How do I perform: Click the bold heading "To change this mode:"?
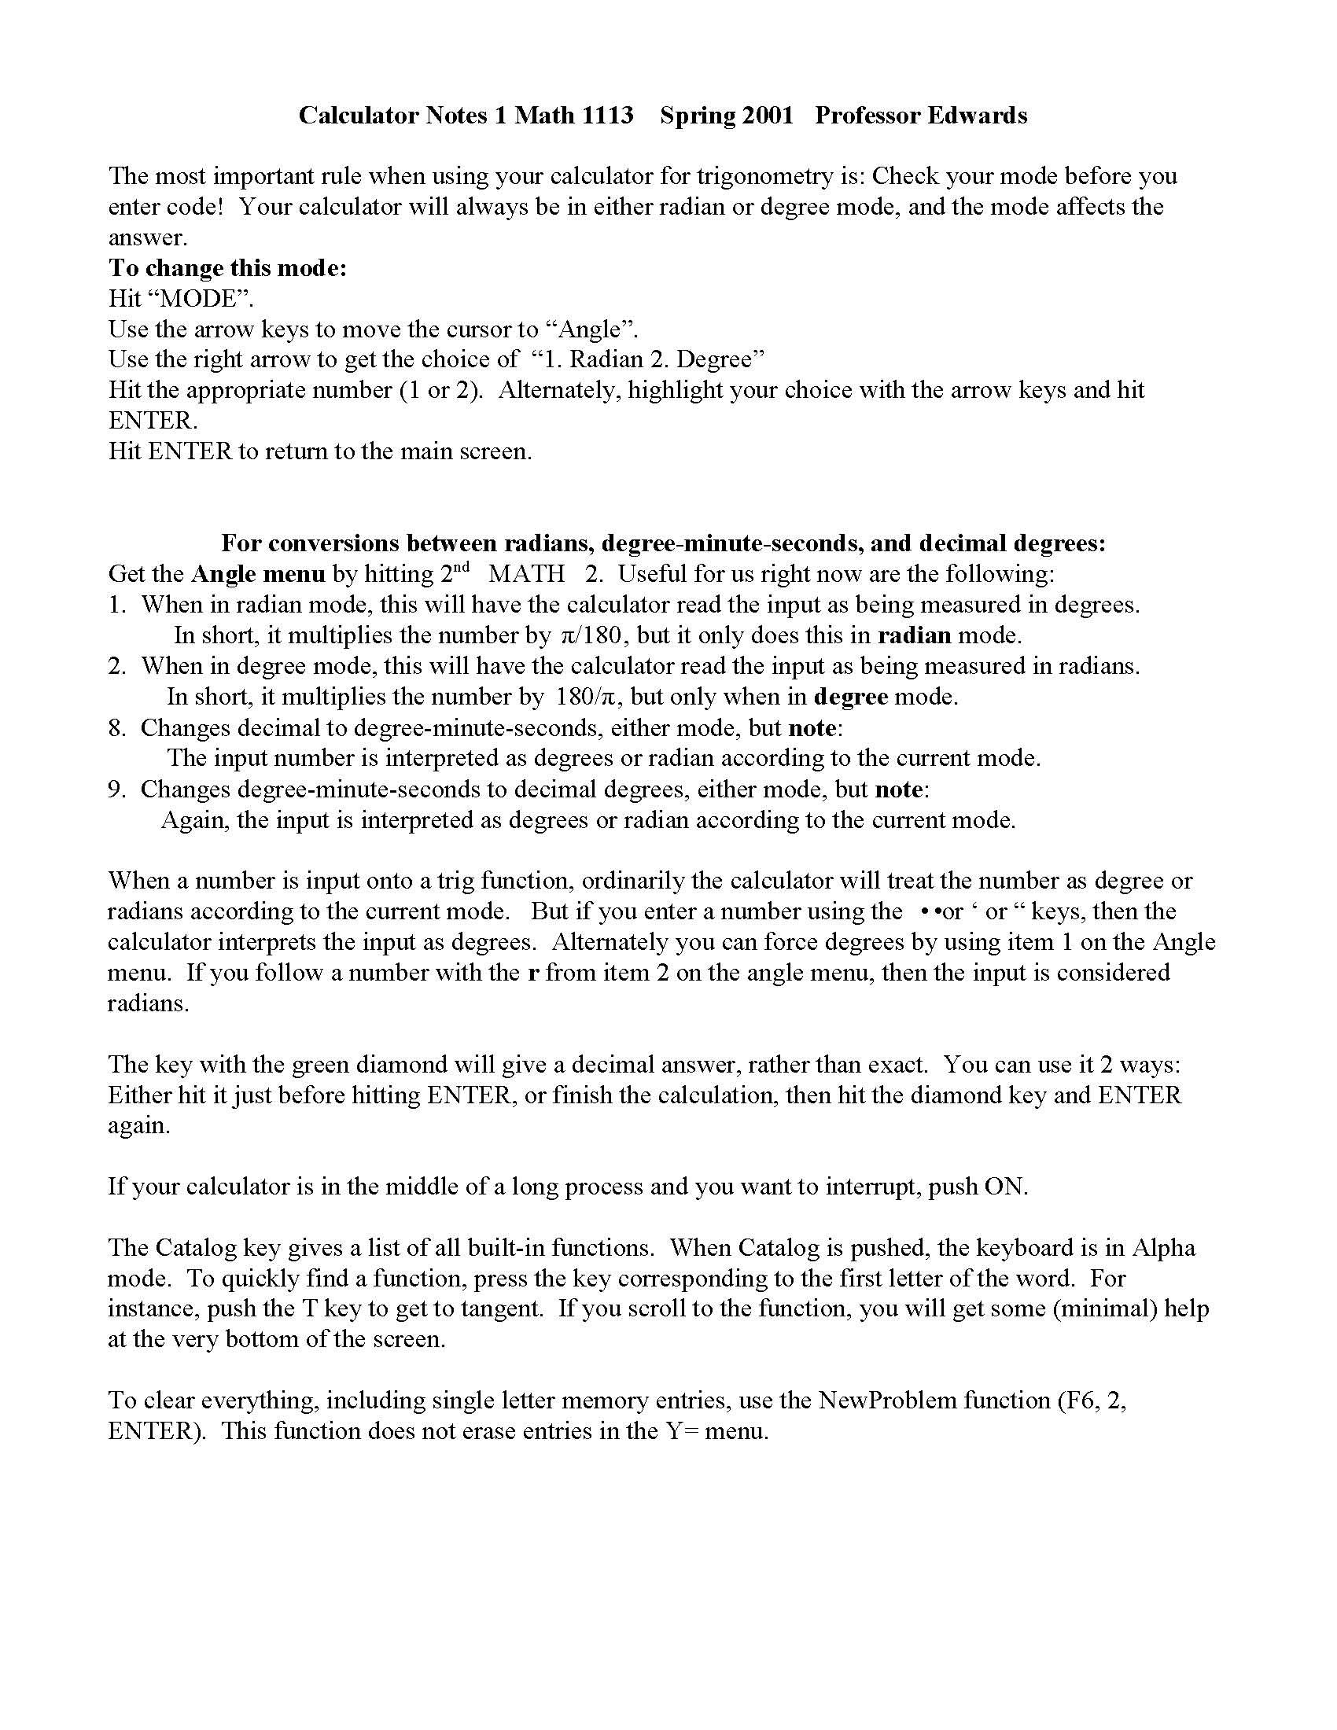[x=228, y=268]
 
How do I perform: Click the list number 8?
[x=116, y=727]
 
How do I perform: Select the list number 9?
[x=116, y=789]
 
